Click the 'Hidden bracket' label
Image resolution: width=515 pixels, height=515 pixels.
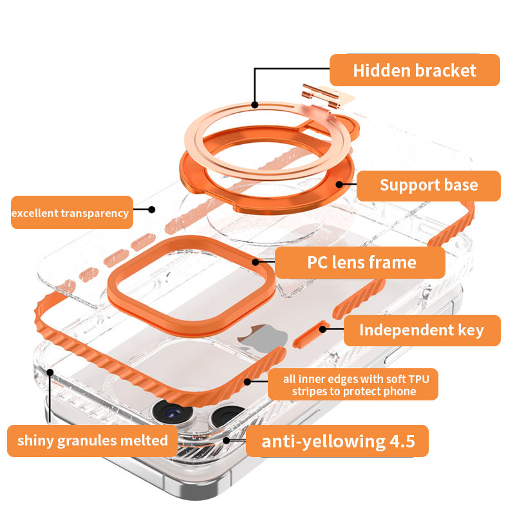point(415,70)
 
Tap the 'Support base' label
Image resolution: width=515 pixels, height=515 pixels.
point(428,185)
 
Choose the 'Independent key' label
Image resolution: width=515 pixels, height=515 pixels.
point(422,330)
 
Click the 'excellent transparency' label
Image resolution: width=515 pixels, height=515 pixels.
point(71,212)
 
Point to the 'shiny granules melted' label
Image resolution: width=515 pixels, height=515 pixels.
point(92,441)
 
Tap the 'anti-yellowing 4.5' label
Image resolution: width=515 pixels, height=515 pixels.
point(337,441)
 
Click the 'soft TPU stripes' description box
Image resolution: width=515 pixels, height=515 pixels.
point(353,385)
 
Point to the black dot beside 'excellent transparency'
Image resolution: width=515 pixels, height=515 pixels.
point(152,209)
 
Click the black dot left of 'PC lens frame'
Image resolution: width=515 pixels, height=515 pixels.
point(256,262)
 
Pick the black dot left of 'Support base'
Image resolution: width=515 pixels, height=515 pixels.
point(339,185)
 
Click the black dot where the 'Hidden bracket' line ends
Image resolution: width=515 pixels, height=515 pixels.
point(255,104)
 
